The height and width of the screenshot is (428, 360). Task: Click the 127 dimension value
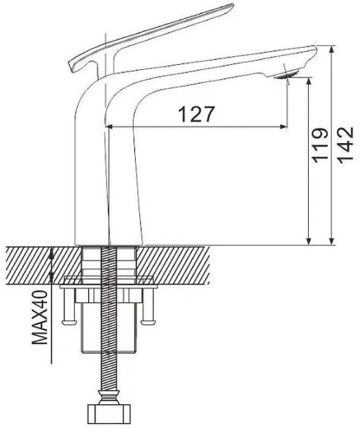tap(196, 113)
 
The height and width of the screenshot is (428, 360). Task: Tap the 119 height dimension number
tap(317, 146)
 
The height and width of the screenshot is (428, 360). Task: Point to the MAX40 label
tap(41, 317)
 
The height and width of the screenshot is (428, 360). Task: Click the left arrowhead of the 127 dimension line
tap(111, 127)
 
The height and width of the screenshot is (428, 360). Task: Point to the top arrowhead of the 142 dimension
tap(331, 50)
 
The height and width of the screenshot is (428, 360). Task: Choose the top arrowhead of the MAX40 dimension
tap(53, 250)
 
